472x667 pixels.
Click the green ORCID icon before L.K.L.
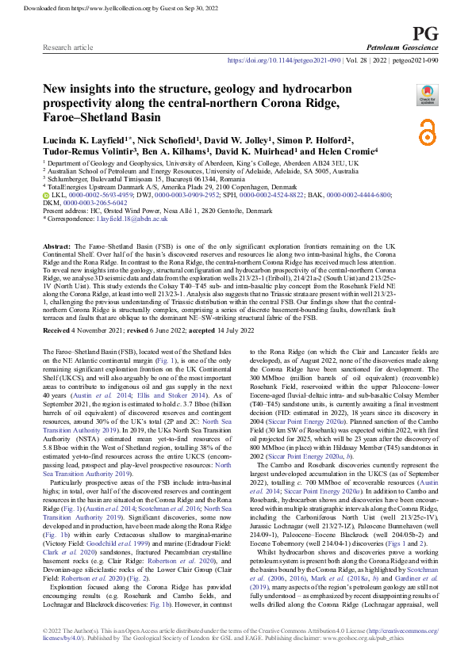[46, 194]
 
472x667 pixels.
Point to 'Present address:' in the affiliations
[66, 208]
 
